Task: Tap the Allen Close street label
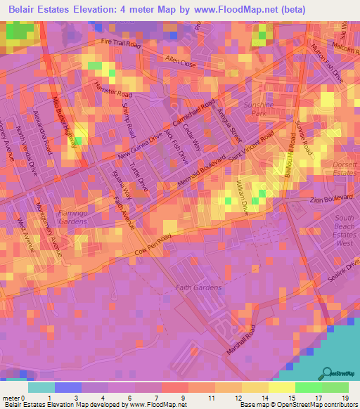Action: click(x=179, y=63)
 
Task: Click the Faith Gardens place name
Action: click(x=198, y=287)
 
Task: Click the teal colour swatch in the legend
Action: click(x=41, y=387)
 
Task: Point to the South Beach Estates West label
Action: click(x=337, y=236)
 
